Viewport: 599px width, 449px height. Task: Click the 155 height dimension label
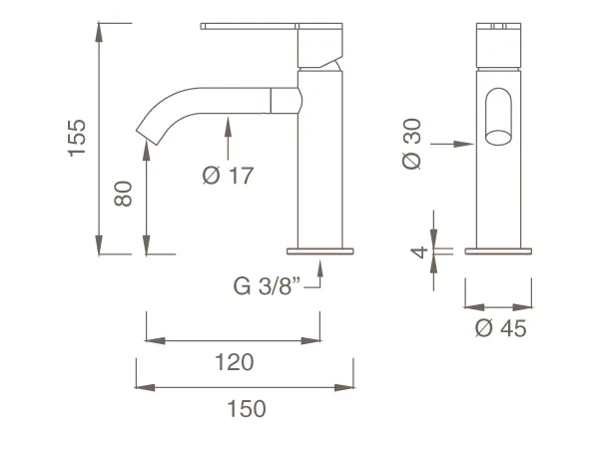[77, 138]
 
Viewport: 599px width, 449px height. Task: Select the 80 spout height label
[123, 194]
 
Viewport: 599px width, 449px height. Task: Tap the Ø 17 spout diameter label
[228, 176]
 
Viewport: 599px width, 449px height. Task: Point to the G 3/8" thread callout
[267, 286]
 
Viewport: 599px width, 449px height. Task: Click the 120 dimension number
[235, 362]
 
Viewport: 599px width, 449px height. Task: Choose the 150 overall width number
[247, 408]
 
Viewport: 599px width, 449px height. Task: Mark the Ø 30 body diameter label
[411, 144]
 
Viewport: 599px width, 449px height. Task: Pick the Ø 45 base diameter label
[500, 328]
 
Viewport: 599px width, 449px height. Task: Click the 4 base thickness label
[419, 252]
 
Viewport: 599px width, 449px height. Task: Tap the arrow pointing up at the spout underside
[228, 139]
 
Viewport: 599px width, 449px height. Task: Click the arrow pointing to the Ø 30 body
[452, 144]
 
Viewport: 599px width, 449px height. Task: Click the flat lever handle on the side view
[249, 26]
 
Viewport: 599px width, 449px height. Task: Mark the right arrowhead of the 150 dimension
[344, 387]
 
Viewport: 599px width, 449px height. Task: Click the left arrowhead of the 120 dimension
[156, 341]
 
